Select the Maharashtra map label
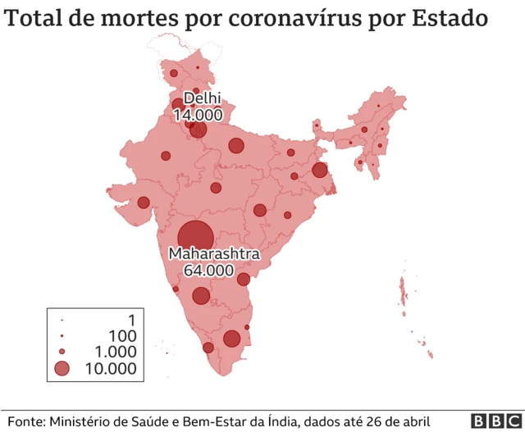point(213,254)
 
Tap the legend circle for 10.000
point(62,369)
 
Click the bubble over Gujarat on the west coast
point(144,202)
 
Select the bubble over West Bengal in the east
point(319,171)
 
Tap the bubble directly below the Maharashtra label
point(201,296)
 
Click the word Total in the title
point(36,17)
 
